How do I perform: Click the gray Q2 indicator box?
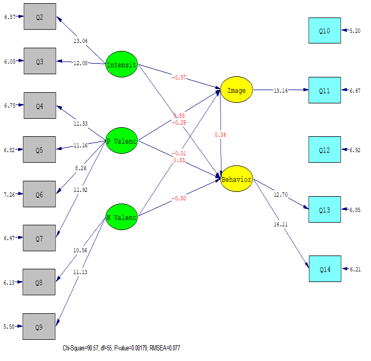[39, 16]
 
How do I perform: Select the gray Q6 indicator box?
[39, 194]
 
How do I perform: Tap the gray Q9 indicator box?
[39, 327]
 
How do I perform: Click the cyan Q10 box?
[325, 31]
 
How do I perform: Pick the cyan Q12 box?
[325, 150]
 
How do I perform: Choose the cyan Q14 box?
[325, 270]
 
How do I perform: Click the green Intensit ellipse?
[121, 65]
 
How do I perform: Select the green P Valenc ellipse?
[121, 141]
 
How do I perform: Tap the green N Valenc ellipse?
[121, 217]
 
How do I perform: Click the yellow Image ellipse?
[236, 90]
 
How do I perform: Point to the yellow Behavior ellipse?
[236, 179]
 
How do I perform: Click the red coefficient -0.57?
[179, 77]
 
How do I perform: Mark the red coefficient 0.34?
[220, 135]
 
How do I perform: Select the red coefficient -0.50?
[179, 199]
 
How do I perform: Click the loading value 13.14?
[280, 91]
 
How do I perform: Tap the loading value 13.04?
[81, 41]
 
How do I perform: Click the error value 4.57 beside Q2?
[10, 16]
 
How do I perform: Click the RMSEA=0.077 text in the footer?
[165, 348]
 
